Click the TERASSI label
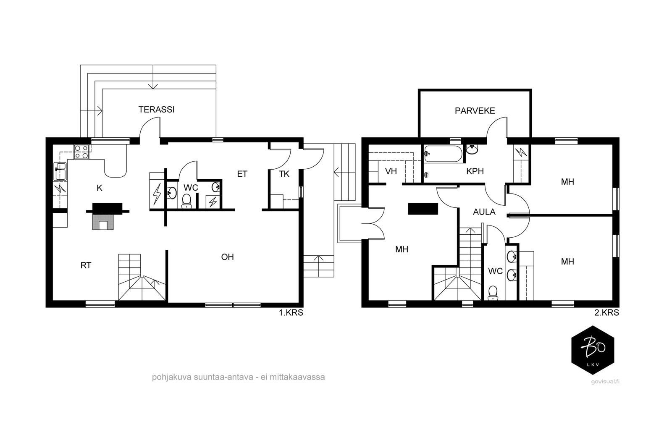point(156,110)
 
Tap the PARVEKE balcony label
point(475,111)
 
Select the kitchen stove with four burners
point(81,152)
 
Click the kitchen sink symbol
point(60,171)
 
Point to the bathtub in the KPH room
point(444,154)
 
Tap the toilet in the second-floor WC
point(493,293)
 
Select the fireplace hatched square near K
point(103,222)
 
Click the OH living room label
point(227,257)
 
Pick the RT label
point(86,265)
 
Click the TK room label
point(284,174)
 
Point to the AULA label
point(484,212)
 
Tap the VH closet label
point(391,171)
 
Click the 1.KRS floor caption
point(291,313)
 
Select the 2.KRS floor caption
point(606,313)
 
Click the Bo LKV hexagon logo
point(593,350)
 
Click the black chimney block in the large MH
point(423,209)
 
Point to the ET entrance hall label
point(242,174)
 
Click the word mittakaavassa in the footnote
point(297,377)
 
